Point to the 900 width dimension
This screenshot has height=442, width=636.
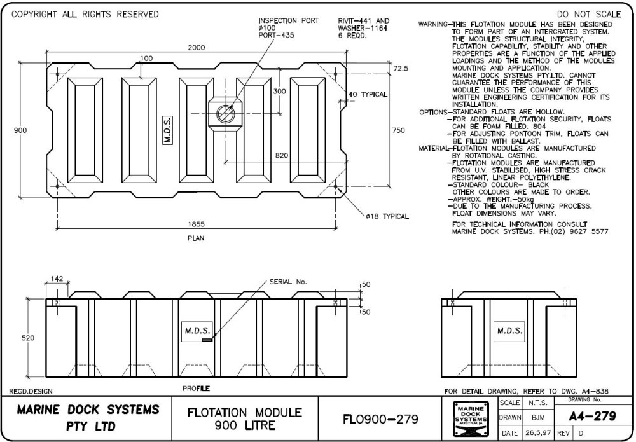click(x=20, y=130)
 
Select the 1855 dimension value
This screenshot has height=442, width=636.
click(x=196, y=224)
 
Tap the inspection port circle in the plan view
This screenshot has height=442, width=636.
click(x=225, y=114)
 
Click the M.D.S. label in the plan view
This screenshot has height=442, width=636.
click(x=169, y=130)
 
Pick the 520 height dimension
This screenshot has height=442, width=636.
click(x=28, y=338)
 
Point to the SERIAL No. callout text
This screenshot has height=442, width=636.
click(x=287, y=280)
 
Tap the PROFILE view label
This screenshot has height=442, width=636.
click(x=196, y=388)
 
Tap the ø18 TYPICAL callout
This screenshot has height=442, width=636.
click(x=387, y=216)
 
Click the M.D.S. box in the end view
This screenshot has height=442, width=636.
click(x=509, y=331)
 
